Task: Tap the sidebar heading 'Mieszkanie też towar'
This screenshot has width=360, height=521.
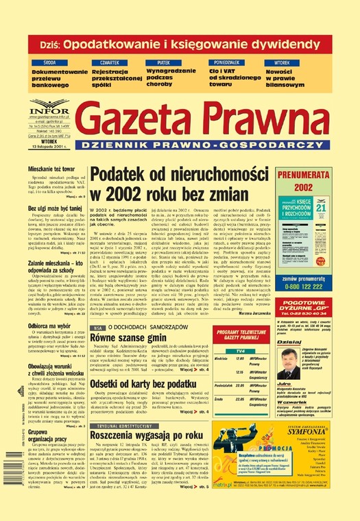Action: click(52, 168)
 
